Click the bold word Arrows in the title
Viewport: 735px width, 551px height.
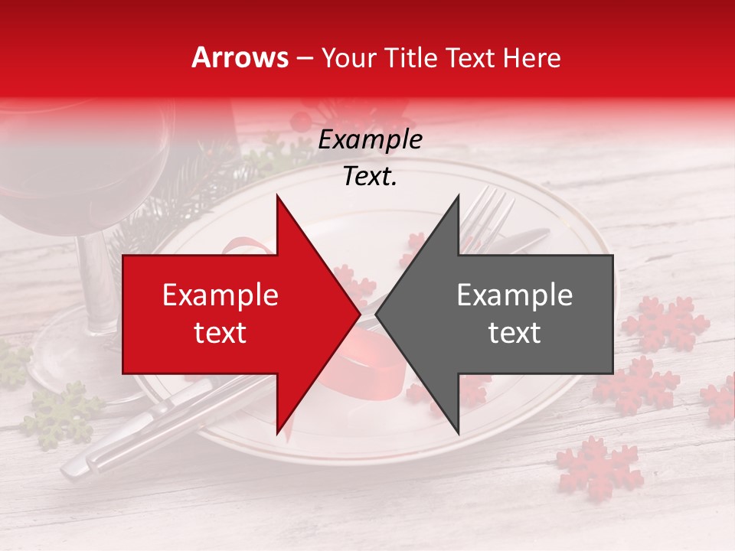240,57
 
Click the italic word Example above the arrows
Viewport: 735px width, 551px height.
370,140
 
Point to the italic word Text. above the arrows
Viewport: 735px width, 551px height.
370,176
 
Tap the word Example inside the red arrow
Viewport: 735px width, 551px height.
220,295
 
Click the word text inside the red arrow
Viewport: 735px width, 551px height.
220,333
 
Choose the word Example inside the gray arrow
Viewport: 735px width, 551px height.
514,295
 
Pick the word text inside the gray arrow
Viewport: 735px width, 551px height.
514,333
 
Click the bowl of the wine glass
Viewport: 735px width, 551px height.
84,176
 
